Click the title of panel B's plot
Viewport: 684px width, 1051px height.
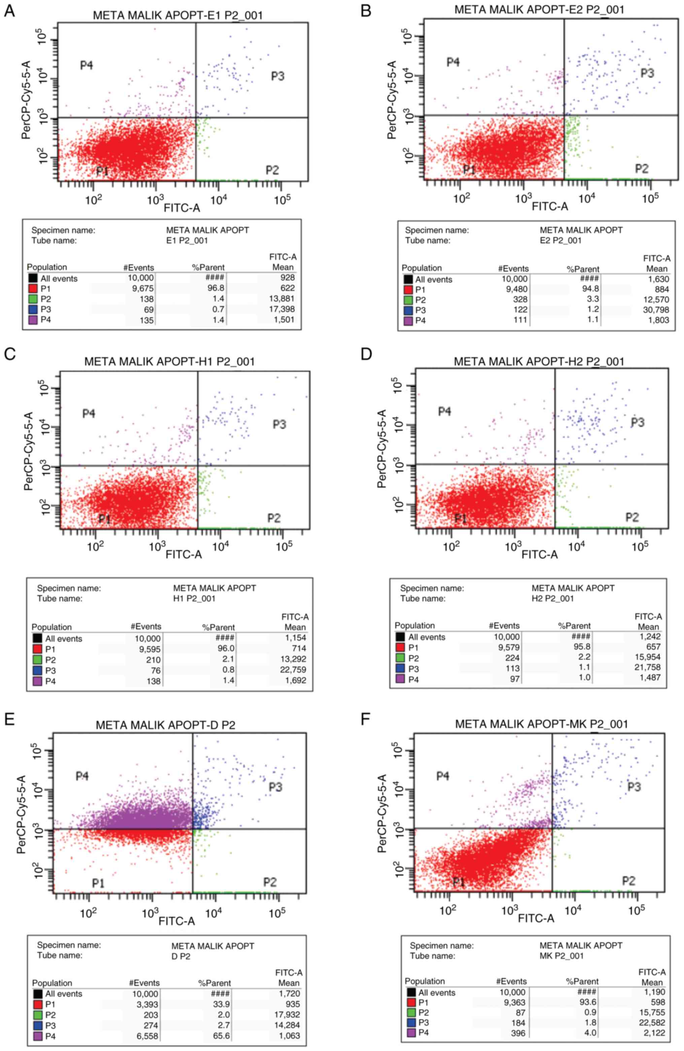pos(539,9)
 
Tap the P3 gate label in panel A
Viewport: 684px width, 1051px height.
pos(278,76)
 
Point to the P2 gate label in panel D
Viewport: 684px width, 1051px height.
pos(632,517)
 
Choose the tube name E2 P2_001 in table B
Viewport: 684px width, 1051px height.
pos(560,241)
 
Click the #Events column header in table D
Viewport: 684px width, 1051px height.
pos(504,626)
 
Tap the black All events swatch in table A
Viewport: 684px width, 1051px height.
pos(32,279)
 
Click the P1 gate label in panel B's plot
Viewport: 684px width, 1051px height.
pos(469,169)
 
